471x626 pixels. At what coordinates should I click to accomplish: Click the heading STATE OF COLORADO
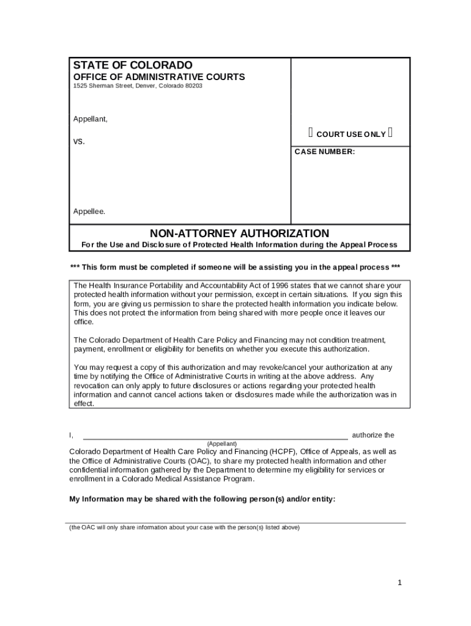point(133,65)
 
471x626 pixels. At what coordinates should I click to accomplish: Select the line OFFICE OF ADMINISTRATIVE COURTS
point(159,77)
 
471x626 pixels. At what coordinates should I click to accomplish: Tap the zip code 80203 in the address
point(193,86)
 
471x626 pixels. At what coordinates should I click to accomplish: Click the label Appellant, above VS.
point(91,119)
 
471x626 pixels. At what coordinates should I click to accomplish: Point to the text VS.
point(80,141)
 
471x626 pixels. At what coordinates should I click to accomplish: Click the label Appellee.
point(89,212)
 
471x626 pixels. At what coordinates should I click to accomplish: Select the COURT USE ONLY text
point(350,134)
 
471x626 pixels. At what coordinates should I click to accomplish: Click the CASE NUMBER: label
point(324,152)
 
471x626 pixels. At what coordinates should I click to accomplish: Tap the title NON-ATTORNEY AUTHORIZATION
point(239,234)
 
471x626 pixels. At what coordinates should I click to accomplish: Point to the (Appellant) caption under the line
point(221,443)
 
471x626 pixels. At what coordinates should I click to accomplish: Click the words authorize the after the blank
point(373,435)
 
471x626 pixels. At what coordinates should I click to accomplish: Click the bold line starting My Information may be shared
point(202,499)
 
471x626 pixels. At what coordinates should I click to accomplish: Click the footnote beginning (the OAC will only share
point(184,528)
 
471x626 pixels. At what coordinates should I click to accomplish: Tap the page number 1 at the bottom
point(399,583)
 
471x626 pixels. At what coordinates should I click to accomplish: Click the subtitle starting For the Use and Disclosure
point(239,245)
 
